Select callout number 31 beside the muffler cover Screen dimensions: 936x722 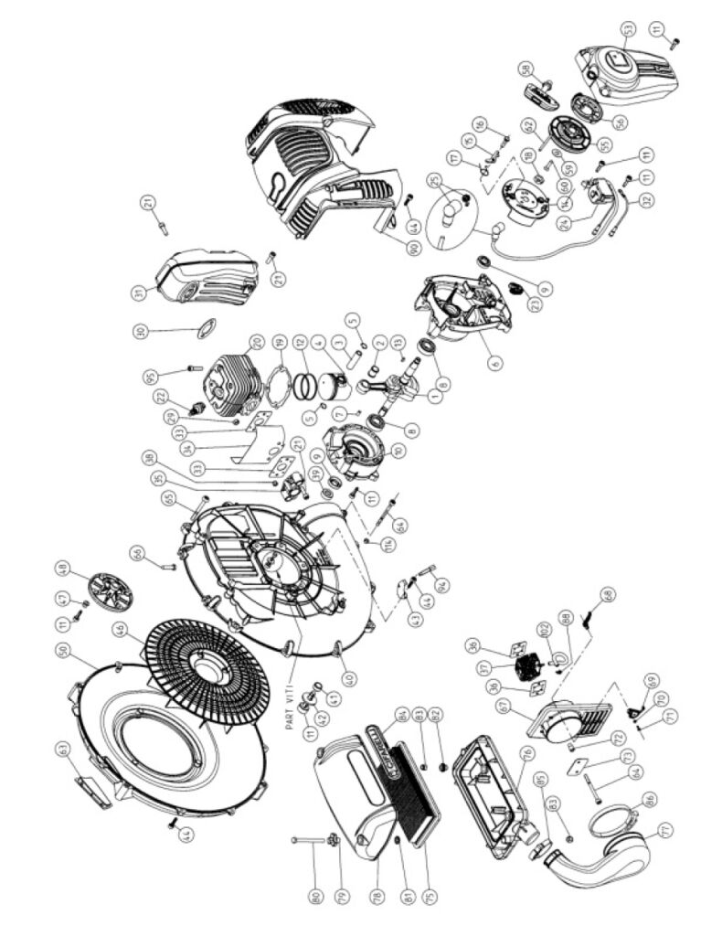point(138,292)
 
